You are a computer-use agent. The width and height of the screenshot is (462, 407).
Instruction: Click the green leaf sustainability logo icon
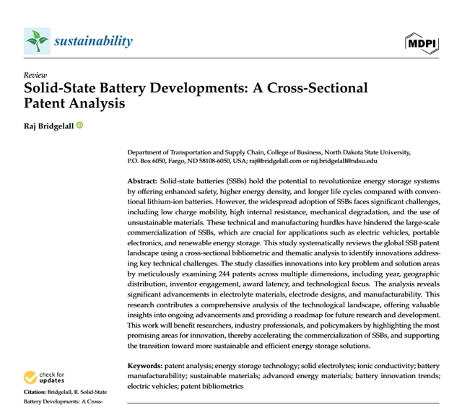[x=36, y=40]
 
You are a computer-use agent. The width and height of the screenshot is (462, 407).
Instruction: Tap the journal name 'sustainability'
[x=93, y=40]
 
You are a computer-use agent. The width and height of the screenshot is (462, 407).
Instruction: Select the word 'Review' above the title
[x=35, y=75]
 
